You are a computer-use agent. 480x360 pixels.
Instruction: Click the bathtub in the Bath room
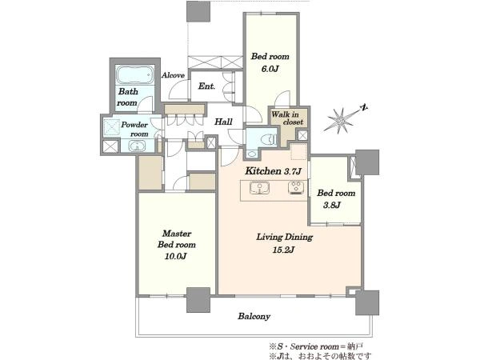point(134,74)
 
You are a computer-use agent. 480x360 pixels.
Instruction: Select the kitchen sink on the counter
point(259,188)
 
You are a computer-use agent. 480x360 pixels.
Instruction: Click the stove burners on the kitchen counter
point(296,187)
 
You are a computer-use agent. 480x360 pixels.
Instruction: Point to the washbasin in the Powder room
point(137,146)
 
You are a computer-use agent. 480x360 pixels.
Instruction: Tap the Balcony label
point(254,316)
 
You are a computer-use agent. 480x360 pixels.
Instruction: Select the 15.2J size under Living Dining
point(283,250)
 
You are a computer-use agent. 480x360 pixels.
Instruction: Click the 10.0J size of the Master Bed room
point(176,256)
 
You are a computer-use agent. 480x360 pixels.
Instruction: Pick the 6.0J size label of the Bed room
point(270,69)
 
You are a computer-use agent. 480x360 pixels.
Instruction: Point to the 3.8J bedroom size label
point(332,205)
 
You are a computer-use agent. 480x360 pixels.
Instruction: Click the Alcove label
point(173,75)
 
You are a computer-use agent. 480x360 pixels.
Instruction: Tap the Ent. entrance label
point(206,86)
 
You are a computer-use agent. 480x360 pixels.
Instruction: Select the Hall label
point(223,122)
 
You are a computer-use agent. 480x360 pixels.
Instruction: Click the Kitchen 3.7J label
point(274,171)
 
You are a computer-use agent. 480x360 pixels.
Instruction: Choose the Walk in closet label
point(287,118)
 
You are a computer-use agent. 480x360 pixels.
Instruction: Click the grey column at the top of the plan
point(198,11)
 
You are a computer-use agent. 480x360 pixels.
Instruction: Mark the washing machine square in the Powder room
point(111,126)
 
